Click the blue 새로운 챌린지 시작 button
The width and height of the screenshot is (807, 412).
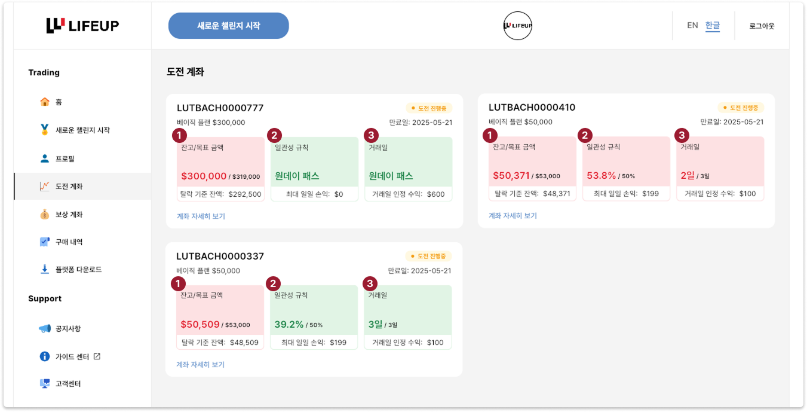(x=228, y=26)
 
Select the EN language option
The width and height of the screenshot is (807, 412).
(x=692, y=25)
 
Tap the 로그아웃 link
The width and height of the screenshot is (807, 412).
(x=762, y=26)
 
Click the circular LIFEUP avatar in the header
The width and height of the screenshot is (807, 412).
(x=517, y=25)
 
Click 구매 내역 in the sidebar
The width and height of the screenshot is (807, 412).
(x=69, y=242)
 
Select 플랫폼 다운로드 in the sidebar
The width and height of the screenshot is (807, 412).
(x=78, y=269)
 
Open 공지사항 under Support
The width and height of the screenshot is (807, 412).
(x=67, y=328)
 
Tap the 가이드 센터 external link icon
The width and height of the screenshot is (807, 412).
(x=97, y=356)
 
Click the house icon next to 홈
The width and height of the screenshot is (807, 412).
(x=45, y=102)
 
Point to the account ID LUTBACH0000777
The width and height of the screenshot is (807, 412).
(x=220, y=108)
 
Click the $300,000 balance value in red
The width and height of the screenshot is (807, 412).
(x=204, y=176)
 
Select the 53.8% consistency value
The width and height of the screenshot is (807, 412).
(x=602, y=176)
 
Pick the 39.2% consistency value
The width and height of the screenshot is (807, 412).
(x=289, y=325)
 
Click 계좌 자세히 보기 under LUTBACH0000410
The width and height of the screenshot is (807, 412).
(x=513, y=216)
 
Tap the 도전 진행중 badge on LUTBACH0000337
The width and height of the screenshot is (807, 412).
(x=428, y=256)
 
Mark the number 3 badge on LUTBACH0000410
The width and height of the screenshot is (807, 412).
(x=682, y=135)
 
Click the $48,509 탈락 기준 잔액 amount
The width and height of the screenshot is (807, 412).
(x=244, y=343)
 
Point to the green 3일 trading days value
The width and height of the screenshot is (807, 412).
(x=375, y=325)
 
